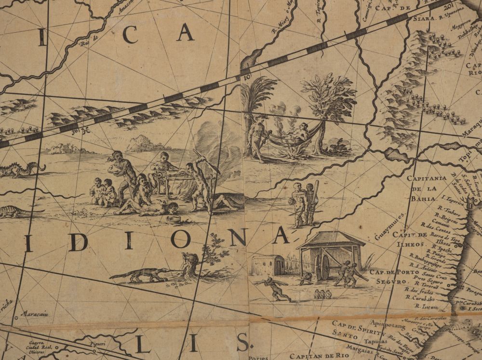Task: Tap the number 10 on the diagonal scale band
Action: tap(247, 77)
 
